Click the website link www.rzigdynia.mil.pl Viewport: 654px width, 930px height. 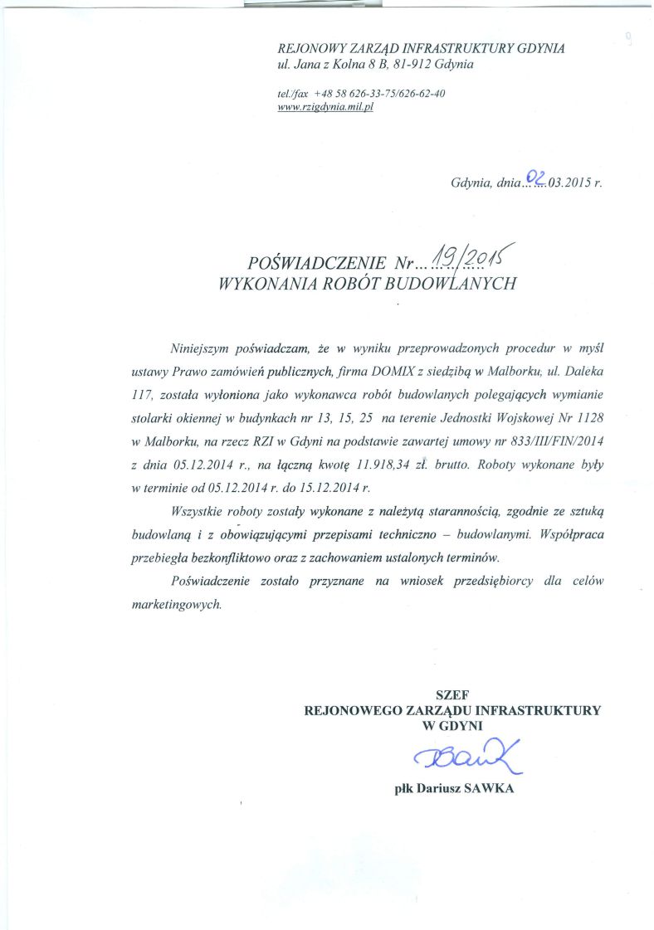click(326, 107)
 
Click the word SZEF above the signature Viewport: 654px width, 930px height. click(452, 694)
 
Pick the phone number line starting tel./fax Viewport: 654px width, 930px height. click(362, 93)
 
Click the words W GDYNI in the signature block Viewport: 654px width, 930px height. click(452, 724)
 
